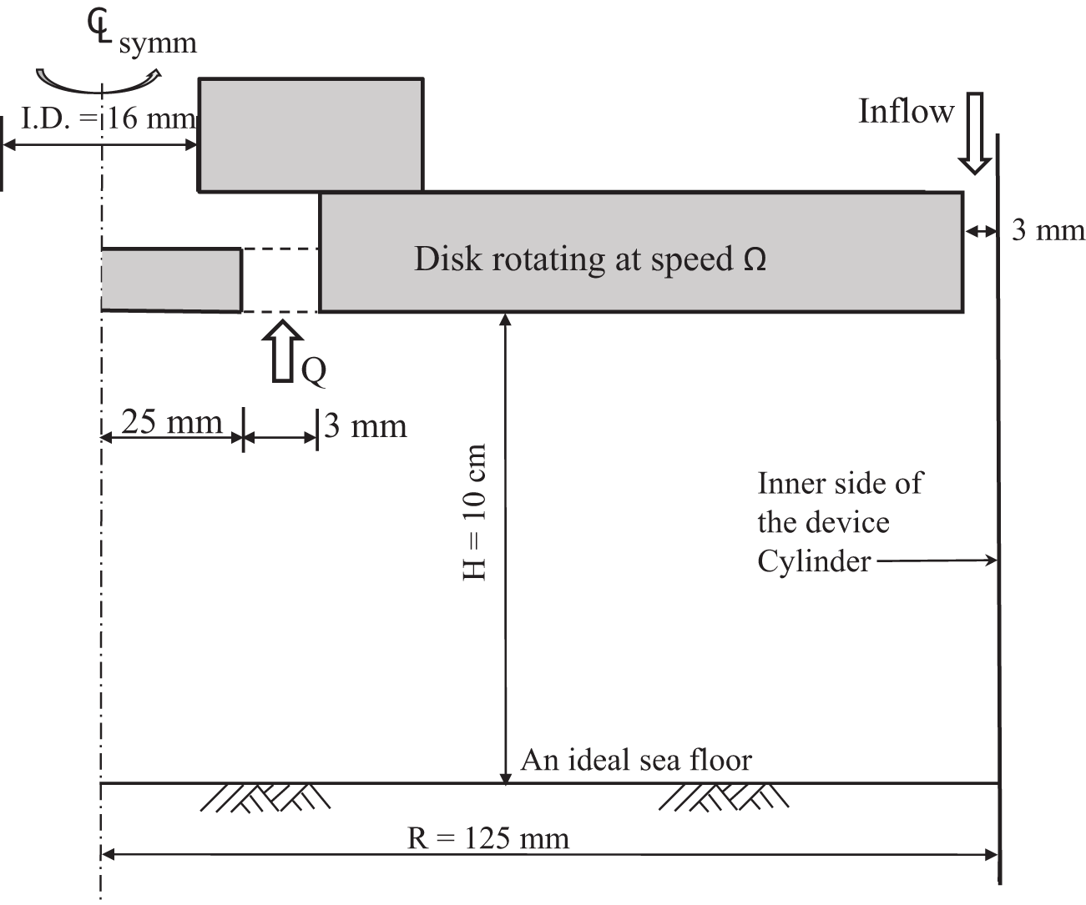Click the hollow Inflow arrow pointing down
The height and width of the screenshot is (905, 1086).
pos(973,133)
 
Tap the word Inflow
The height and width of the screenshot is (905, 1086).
pos(906,111)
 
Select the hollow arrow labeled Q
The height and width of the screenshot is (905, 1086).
pos(284,351)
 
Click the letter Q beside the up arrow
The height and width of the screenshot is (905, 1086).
pos(314,370)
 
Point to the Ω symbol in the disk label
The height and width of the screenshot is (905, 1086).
pos(755,259)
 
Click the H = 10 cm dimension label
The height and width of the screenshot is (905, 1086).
pos(474,512)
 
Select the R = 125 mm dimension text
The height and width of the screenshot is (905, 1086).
pos(488,837)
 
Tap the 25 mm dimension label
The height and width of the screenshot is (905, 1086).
pos(172,422)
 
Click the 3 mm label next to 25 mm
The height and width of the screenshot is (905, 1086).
pos(366,426)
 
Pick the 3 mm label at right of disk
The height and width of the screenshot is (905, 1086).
pos(1048,230)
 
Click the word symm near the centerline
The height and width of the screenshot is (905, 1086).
pos(158,43)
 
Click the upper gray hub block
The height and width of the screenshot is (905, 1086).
pos(311,135)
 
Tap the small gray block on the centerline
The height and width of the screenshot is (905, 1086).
pos(171,279)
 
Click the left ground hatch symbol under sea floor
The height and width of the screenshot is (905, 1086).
pos(265,797)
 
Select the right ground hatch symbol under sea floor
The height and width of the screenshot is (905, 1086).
pos(723,797)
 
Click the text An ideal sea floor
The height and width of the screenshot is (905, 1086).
pos(636,760)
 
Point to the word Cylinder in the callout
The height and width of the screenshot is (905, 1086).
pos(814,561)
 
